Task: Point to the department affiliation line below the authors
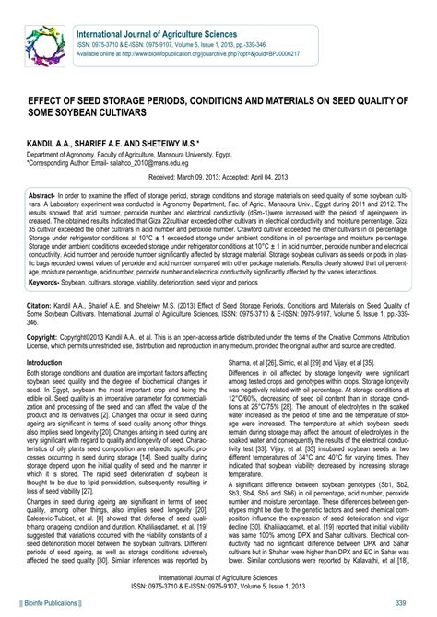[138, 156]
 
